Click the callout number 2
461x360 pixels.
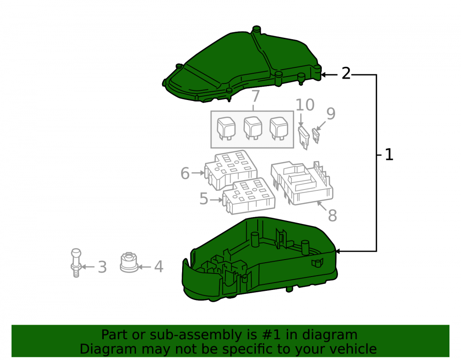(346, 73)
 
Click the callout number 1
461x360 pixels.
(389, 154)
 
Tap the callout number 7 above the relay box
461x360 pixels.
(256, 96)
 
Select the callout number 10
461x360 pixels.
(305, 105)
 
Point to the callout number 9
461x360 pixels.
(331, 113)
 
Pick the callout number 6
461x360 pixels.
(185, 173)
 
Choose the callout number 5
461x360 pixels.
(204, 199)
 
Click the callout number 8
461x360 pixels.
(332, 215)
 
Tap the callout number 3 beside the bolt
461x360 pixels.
(102, 267)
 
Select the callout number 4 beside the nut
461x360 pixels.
(159, 266)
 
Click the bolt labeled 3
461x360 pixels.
(76, 263)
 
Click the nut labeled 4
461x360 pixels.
(129, 262)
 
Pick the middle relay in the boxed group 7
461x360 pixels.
(253, 128)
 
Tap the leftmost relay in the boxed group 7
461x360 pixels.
(226, 129)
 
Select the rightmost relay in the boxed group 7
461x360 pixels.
(279, 129)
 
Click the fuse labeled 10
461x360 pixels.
(304, 138)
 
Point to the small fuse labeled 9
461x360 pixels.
(316, 136)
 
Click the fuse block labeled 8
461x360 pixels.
(302, 183)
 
